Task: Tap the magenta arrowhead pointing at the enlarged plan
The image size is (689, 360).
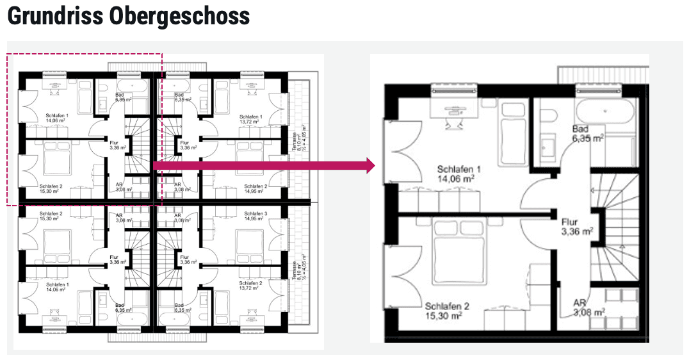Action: [369, 166]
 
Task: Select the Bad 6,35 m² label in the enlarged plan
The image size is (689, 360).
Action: [588, 133]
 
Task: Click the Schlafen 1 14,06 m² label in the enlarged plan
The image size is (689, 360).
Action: [456, 174]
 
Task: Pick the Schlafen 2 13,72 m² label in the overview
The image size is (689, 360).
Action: [250, 286]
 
